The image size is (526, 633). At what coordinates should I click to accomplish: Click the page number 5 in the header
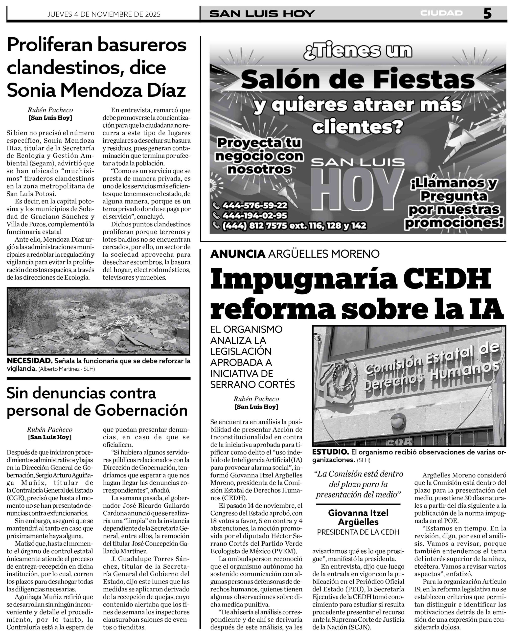coord(487,14)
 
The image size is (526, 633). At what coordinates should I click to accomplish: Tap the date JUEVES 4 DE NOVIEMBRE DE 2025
coord(104,14)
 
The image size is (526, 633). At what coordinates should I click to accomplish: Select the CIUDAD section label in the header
coord(441,13)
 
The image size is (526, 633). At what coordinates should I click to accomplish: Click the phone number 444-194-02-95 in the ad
coord(255,216)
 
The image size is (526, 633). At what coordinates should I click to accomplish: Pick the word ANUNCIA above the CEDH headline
coord(238,254)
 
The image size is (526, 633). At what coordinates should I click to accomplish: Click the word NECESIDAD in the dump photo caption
coord(29,361)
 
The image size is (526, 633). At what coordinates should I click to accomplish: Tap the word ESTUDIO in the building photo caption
coord(330,452)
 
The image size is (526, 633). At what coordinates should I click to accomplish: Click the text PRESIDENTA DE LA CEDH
coord(358,532)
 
